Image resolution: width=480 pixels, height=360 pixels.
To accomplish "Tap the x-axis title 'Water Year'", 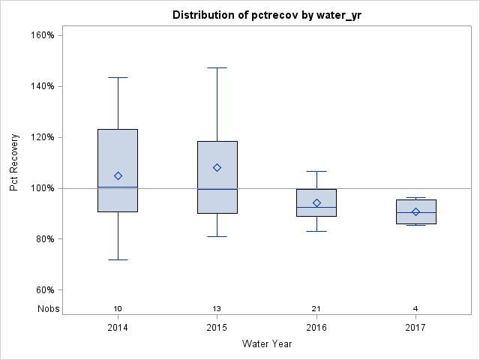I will (x=266, y=344).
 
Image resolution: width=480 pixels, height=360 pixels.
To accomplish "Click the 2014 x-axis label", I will (x=118, y=328).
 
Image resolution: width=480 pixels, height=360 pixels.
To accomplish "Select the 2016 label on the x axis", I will (x=316, y=328).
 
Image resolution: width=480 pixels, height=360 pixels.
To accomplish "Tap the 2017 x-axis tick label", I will (x=415, y=328).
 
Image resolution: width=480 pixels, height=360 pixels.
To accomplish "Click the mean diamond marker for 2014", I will (x=118, y=175).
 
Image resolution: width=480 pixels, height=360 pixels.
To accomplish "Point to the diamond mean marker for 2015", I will (x=217, y=167).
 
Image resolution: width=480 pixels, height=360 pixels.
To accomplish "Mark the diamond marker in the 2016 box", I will (x=316, y=202).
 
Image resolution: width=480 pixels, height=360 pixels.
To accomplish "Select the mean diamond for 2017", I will (x=415, y=211).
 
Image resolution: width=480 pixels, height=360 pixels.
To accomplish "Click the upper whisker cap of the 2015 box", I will (x=217, y=67).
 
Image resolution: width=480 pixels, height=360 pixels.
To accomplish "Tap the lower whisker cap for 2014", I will (x=118, y=259).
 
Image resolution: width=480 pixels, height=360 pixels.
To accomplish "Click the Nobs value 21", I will (x=316, y=309).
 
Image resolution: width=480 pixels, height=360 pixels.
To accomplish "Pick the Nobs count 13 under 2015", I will (x=217, y=309).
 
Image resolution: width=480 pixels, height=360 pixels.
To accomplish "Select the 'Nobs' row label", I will (x=47, y=309).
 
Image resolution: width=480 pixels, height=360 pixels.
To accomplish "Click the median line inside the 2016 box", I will (x=316, y=207).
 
